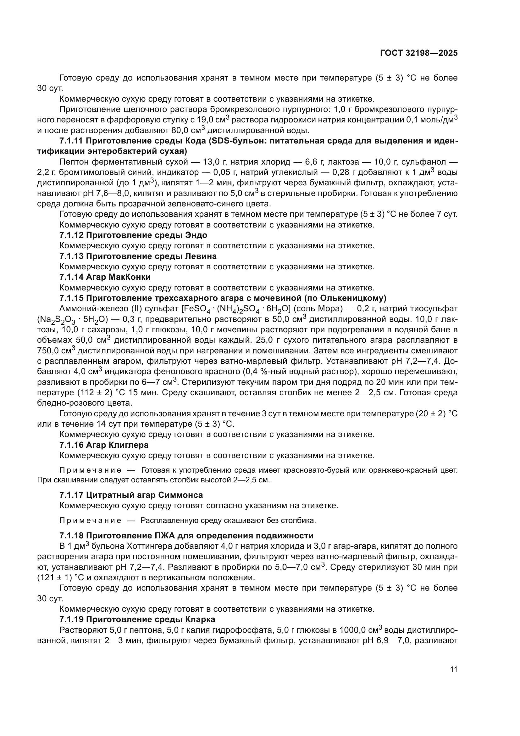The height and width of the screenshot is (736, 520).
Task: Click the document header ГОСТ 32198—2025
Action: [x=419, y=53]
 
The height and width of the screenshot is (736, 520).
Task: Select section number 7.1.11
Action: [x=71, y=141]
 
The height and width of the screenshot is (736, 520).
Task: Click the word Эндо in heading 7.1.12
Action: [x=196, y=235]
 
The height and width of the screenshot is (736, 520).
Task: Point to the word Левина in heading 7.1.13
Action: [x=201, y=256]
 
